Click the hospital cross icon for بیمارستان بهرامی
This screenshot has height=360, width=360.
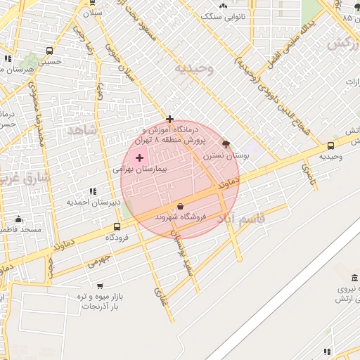(139, 157)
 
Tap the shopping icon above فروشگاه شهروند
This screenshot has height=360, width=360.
(181, 207)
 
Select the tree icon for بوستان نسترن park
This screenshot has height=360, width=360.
(225, 143)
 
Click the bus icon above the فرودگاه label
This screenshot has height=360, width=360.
(117, 226)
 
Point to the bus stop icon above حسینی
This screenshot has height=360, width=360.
(49, 51)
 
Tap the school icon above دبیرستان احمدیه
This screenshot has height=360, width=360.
(93, 191)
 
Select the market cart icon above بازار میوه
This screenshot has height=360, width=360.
(100, 286)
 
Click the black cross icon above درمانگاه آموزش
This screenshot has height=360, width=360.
(169, 119)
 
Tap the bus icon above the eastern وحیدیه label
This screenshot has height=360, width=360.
(330, 146)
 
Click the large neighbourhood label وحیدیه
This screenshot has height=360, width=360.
(193, 68)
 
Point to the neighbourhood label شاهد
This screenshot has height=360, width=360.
(81, 131)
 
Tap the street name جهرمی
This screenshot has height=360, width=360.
(101, 262)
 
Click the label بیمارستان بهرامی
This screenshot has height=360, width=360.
(138, 170)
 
